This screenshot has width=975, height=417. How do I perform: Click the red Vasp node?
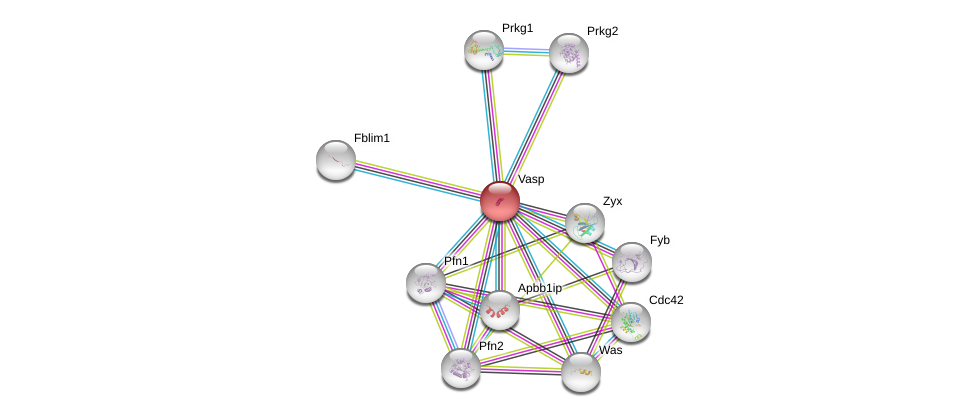click(x=499, y=200)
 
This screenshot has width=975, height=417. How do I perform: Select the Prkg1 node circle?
click(x=483, y=49)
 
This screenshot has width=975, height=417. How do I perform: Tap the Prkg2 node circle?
click(x=568, y=53)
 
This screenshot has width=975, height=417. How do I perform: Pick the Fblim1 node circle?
click(x=336, y=160)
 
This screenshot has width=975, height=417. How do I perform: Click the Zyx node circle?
click(x=584, y=223)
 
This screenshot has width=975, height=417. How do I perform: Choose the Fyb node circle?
click(x=631, y=262)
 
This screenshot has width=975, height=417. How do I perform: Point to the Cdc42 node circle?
click(x=630, y=321)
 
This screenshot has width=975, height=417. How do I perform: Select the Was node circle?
click(x=580, y=372)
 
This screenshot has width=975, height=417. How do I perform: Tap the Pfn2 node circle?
click(x=460, y=367)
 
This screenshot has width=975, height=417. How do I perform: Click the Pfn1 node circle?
click(x=425, y=283)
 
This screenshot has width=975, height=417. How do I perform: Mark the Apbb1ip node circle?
click(x=499, y=310)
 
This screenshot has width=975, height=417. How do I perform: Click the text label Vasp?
click(x=531, y=180)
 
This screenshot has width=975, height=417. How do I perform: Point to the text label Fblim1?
click(x=372, y=138)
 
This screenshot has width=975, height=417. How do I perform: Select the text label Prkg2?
click(x=602, y=31)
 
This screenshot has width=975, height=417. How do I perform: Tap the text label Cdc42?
click(x=666, y=300)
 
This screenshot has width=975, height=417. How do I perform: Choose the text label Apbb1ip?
click(x=540, y=288)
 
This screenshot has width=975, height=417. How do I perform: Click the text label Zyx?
click(x=612, y=201)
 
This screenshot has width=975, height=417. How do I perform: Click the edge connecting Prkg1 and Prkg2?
click(x=526, y=51)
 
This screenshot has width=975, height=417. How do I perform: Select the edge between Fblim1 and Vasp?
click(x=417, y=180)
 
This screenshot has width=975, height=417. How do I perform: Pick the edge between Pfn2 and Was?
click(x=520, y=369)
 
